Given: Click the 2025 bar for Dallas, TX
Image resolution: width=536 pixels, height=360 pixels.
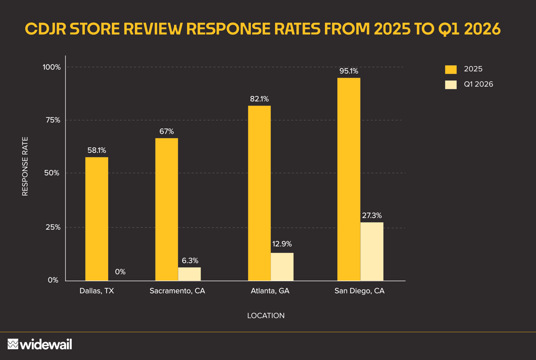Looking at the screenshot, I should click(x=97, y=219).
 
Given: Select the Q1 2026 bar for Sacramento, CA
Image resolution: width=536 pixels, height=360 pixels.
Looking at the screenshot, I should click(x=190, y=274).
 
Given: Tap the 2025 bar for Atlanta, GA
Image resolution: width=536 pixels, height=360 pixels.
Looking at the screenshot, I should click(x=259, y=193).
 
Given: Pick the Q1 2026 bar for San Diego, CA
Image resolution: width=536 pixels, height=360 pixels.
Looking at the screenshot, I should click(x=372, y=251).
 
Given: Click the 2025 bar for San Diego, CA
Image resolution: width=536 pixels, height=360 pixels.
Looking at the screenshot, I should click(x=349, y=179).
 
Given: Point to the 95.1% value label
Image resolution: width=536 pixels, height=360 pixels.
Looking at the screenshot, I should click(x=349, y=71).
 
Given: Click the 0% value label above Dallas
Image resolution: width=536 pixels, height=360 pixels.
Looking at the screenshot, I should click(x=120, y=272).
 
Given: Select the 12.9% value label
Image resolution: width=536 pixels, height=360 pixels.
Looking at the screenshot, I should click(x=282, y=244).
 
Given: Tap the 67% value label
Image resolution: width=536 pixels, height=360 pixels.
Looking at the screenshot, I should click(x=167, y=131).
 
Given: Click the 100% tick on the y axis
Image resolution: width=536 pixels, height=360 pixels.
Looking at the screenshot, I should click(x=52, y=67).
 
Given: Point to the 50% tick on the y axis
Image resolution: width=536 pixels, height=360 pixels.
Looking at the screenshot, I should click(x=52, y=173).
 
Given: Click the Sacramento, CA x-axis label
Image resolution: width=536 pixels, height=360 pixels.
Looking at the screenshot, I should click(x=177, y=291).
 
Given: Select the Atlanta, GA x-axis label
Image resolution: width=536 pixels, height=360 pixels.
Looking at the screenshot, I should click(x=270, y=291).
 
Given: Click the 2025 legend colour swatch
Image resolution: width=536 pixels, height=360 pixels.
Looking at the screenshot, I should click(x=451, y=69).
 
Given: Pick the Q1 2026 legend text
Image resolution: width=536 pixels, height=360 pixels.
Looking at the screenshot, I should click(x=479, y=84).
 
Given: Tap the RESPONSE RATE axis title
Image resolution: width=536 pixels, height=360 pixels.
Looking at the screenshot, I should click(x=25, y=166).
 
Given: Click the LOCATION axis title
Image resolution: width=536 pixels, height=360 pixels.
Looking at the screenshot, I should click(x=266, y=316).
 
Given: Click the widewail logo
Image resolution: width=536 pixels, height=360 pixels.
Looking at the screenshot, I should click(x=40, y=344).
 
